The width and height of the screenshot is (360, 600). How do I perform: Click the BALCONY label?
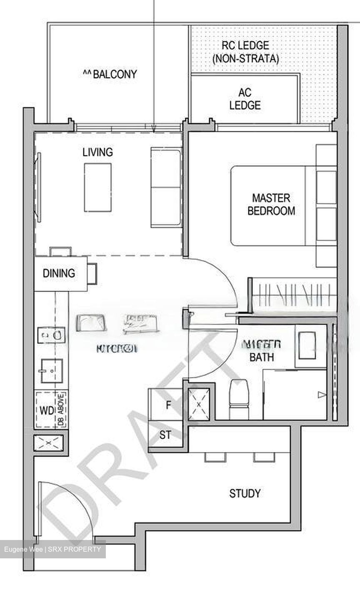tap(110, 75)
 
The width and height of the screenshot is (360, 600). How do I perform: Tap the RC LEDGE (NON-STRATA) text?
tap(245, 52)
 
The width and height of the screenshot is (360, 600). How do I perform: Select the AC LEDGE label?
tap(245, 99)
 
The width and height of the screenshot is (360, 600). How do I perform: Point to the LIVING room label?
tap(97, 152)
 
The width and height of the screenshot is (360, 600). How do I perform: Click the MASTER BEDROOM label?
tap(271, 204)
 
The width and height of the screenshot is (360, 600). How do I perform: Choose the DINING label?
tap(59, 273)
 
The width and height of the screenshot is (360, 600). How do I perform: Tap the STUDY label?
tap(245, 494)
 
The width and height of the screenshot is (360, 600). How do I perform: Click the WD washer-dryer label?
tap(47, 410)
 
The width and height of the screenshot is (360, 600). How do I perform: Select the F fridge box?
tap(168, 405)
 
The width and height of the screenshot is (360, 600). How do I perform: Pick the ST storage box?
tap(165, 435)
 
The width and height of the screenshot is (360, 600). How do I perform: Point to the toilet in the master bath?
tap(239, 399)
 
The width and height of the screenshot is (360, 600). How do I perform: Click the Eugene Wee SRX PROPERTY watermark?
tap(52, 549)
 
